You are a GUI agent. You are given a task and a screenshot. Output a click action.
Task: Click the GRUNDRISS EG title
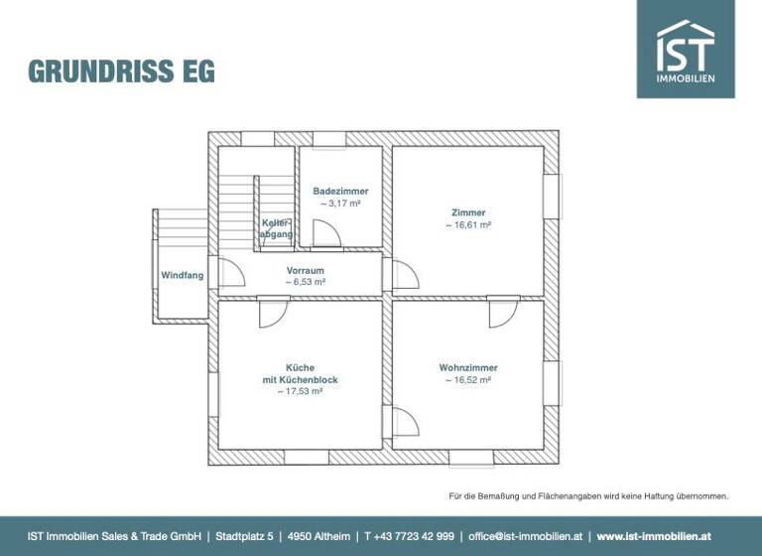pos(121,71)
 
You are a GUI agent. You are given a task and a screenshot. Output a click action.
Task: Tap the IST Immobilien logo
pos(686,49)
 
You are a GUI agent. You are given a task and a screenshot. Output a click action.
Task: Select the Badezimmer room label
pos(340,191)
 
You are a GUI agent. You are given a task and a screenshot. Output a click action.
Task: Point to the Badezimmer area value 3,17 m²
pos(340,204)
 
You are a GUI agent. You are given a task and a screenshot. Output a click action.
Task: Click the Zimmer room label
pos(468,212)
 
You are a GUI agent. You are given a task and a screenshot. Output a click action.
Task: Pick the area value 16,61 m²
pos(468,225)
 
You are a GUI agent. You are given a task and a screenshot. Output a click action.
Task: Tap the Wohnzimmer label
pos(468,367)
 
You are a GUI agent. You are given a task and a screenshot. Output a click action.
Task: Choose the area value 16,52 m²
pos(468,380)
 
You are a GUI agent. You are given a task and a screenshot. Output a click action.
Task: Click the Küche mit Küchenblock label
pos(301,373)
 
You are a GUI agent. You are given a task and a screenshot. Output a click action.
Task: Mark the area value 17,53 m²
pos(301,391)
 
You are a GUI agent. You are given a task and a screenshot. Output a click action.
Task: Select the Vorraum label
pos(306,270)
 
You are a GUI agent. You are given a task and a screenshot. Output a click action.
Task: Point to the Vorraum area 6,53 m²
pos(306,283)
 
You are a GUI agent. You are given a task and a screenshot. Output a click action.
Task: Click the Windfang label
pos(183,275)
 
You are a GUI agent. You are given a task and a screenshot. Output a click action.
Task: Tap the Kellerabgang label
pos(276,228)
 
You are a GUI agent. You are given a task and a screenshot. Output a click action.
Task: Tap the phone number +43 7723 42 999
pos(410,536)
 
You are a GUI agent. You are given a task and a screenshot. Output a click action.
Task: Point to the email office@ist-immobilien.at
pos(526,536)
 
